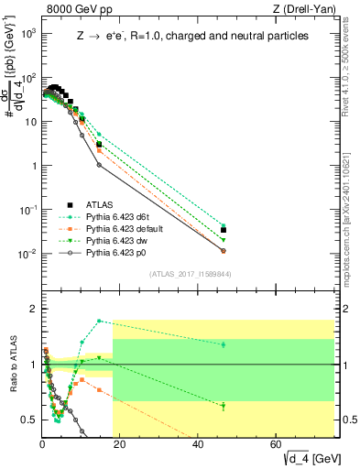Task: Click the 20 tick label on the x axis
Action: click(x=120, y=442)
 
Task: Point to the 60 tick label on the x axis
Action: click(x=277, y=442)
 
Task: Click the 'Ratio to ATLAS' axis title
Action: click(x=12, y=364)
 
